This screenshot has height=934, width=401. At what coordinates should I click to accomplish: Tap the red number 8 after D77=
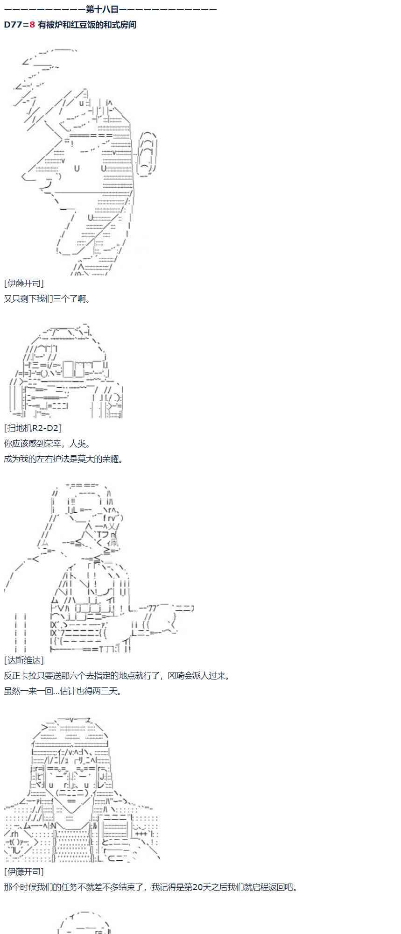[x=32, y=25]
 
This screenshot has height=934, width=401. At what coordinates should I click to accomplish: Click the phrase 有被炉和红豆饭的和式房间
[x=87, y=25]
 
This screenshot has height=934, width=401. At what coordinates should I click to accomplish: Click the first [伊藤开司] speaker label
[x=24, y=283]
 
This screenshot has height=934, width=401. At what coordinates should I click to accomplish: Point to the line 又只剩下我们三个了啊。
[x=47, y=298]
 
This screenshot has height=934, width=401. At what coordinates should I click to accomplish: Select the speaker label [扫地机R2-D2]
[x=33, y=428]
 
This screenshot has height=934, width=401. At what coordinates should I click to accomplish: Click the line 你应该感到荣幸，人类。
[x=47, y=443]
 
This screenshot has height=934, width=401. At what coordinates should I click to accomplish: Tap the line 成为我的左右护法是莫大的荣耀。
[x=64, y=459]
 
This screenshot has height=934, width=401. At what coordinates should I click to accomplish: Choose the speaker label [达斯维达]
[x=24, y=660]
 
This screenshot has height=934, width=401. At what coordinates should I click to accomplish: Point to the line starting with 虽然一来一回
[x=63, y=691]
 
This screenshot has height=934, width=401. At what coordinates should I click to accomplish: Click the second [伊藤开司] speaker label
[x=24, y=871]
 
